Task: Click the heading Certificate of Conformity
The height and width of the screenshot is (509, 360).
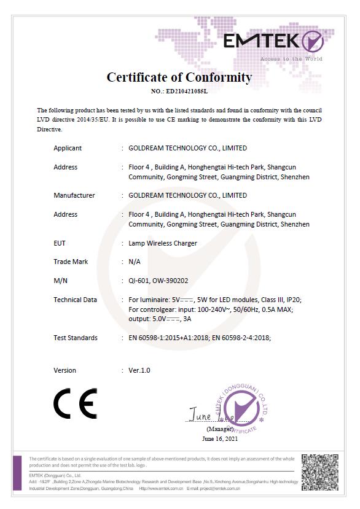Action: (x=179, y=77)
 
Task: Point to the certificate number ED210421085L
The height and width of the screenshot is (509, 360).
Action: (x=179, y=91)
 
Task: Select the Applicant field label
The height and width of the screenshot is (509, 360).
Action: (x=68, y=148)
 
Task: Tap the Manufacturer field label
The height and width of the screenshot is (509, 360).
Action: (x=74, y=195)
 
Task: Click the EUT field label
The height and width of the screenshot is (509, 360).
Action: (x=60, y=243)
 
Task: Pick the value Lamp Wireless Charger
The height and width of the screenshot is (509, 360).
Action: (x=163, y=243)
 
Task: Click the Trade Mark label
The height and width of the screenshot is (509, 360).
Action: (x=71, y=262)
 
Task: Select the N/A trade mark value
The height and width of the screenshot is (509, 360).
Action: (x=135, y=262)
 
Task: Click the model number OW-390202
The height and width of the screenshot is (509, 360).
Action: (x=171, y=281)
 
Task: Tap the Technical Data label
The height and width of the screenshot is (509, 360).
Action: (x=76, y=300)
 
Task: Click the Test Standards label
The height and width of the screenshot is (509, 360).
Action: (x=76, y=338)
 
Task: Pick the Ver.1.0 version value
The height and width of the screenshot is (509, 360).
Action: (x=139, y=370)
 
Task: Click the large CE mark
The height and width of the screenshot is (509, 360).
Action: (x=75, y=403)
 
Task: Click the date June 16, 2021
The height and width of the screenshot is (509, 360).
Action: (x=220, y=438)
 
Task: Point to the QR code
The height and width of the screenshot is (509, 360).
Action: (x=320, y=472)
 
